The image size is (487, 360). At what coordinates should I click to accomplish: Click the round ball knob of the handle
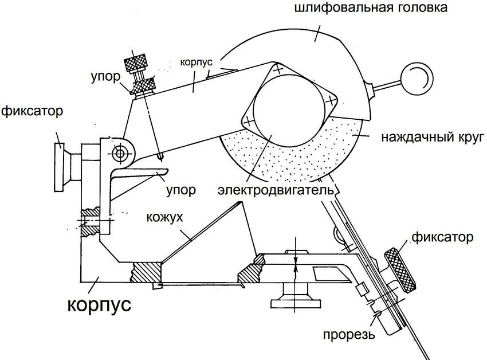(417, 76)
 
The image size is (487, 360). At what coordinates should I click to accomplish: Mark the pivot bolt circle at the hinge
(120, 153)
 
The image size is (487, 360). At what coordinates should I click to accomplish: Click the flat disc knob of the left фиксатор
(59, 167)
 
